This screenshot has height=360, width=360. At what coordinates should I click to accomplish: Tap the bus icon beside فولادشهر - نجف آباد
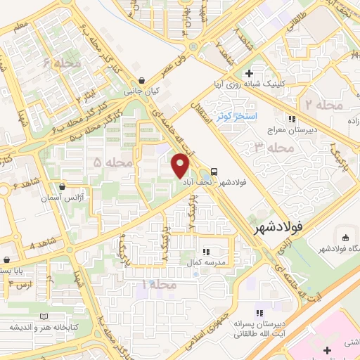(x=214, y=171)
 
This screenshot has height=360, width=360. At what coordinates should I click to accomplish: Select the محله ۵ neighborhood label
(x=113, y=163)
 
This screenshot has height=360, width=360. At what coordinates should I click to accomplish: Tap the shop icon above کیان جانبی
(x=143, y=80)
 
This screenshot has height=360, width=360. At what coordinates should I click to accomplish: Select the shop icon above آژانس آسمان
(x=63, y=188)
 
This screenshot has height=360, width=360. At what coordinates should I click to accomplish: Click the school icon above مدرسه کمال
(x=205, y=251)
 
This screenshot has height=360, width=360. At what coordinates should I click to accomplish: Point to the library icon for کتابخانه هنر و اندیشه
(x=46, y=316)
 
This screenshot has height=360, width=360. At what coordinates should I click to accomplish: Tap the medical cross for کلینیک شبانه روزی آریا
(x=249, y=73)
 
